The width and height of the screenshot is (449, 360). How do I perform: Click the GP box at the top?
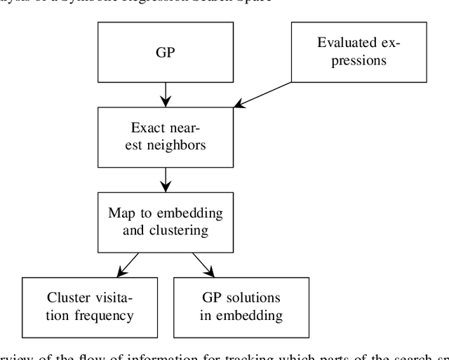(x=166, y=53)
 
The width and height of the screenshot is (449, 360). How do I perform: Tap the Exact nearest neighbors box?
(x=166, y=137)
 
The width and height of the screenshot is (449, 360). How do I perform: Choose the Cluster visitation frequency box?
(x=91, y=305)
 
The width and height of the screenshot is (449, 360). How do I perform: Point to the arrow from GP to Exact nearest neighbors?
(x=166, y=93)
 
